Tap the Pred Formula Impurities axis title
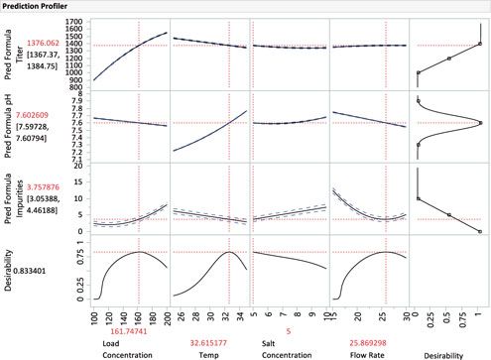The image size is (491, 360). coord(11,198)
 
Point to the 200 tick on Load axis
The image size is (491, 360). coord(165,309)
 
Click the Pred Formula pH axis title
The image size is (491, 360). coord(11,124)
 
